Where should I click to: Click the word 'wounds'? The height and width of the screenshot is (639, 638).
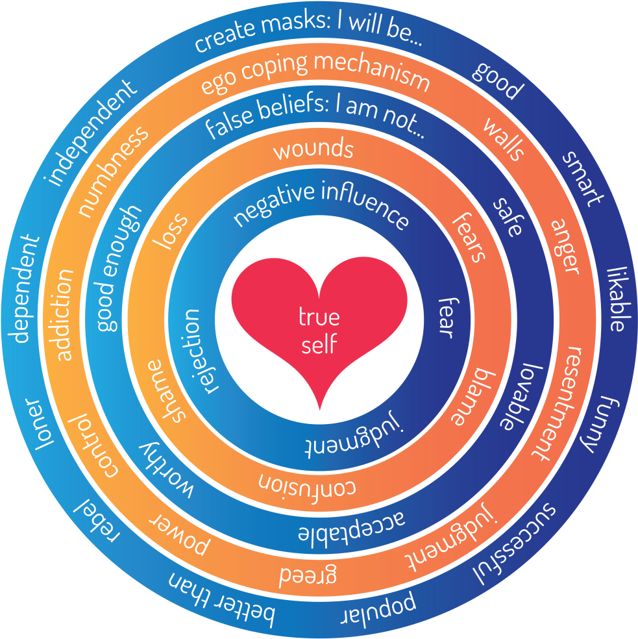click(313, 149)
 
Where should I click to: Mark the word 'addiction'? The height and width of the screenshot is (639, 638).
click(65, 314)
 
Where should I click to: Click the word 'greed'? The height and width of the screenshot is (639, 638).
click(308, 575)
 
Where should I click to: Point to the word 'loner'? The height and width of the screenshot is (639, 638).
click(36, 425)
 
